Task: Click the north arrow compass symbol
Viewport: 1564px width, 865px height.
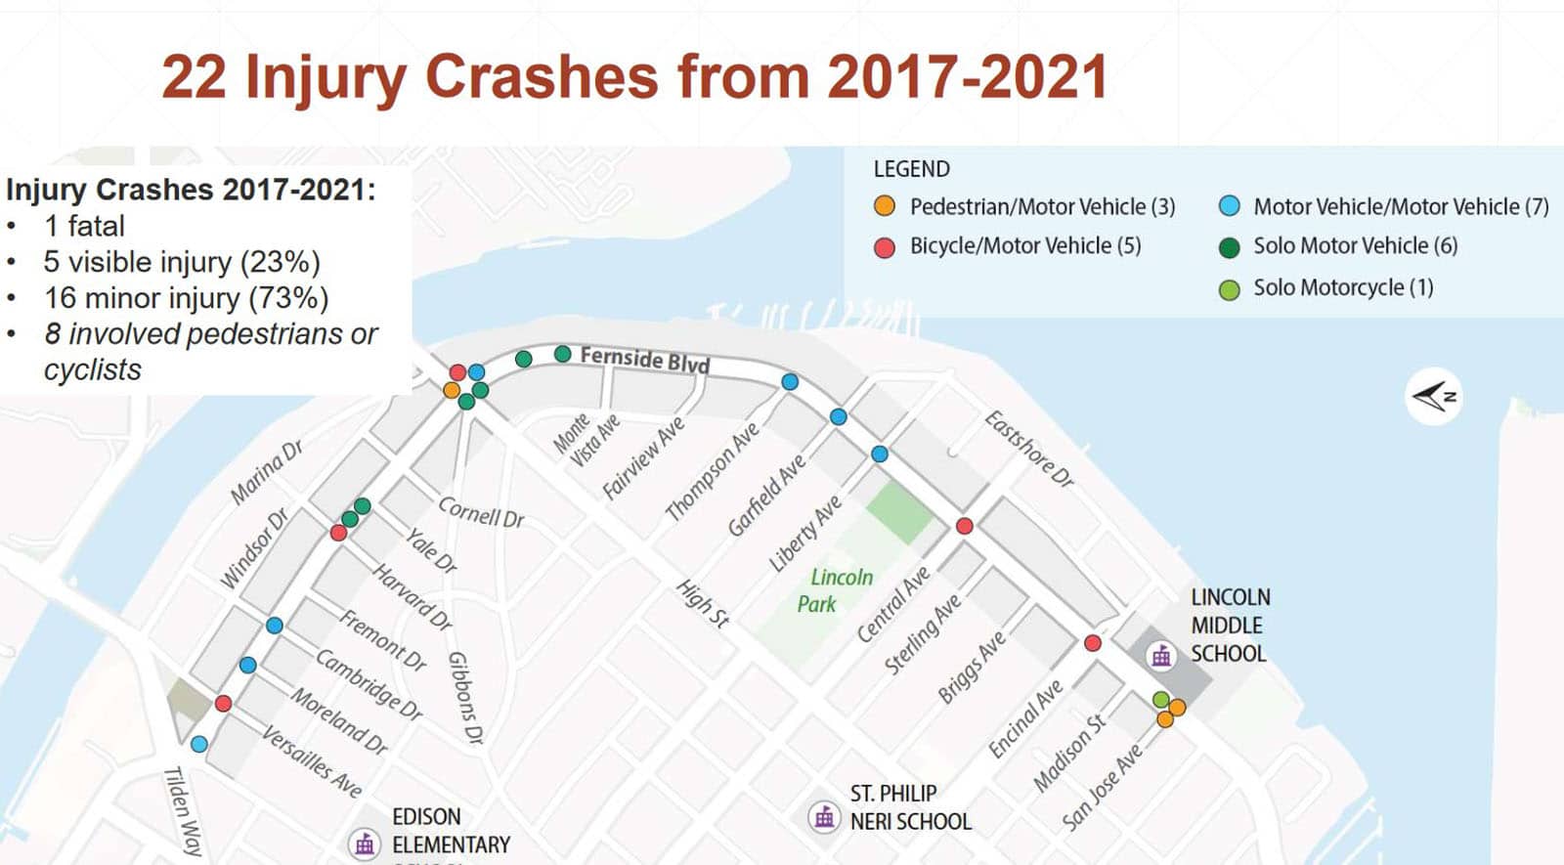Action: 1434,396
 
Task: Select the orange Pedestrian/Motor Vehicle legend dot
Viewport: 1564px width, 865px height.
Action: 885,206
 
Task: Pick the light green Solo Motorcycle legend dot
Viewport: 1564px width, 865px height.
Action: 1230,288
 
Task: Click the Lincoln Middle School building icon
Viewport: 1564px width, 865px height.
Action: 1161,656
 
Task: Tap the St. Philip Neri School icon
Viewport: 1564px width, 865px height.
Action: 824,816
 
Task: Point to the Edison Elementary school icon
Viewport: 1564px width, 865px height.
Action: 365,843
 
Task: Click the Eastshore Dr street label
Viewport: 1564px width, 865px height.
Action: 1028,449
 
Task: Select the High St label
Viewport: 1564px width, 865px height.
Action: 703,603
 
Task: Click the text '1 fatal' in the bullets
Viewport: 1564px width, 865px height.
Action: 84,226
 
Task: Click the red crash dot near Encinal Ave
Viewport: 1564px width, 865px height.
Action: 1093,643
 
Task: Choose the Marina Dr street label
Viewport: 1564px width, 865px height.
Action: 266,472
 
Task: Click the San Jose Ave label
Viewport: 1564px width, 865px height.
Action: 1101,787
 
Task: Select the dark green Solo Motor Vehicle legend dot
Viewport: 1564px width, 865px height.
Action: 1230,247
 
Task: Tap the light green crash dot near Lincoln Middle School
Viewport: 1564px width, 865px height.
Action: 1160,700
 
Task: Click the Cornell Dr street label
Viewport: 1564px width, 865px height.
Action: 481,512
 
